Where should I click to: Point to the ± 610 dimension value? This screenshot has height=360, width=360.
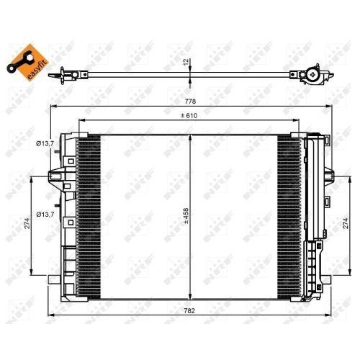click(x=190, y=115)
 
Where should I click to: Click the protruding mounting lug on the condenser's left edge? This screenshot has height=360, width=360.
click(x=53, y=175)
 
